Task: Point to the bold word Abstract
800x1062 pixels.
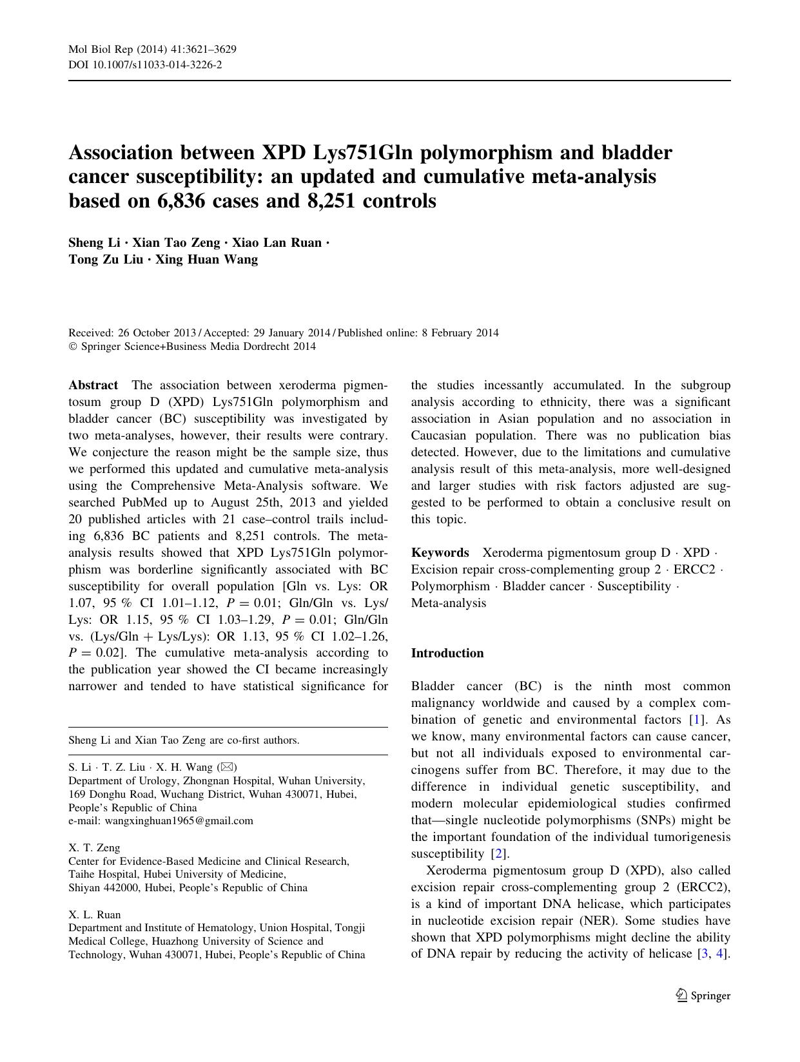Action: [x=93, y=385]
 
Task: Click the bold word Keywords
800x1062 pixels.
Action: [x=440, y=553]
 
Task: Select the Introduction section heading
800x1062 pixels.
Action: [x=447, y=653]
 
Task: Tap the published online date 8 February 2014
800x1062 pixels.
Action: [x=460, y=333]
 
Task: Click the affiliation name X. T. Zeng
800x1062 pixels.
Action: [x=94, y=847]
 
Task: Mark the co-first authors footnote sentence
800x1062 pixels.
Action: [x=184, y=740]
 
